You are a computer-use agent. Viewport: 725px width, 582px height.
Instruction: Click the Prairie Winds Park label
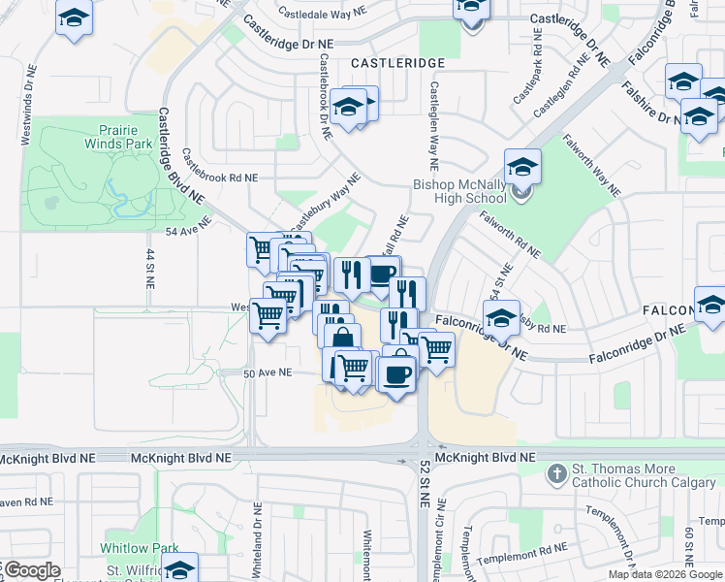[x=125, y=137]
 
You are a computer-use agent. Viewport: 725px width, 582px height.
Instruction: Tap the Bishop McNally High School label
[x=459, y=190]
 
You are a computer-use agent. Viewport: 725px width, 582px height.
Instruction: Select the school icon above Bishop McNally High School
[x=522, y=168]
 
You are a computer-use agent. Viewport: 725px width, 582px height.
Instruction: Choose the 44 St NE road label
[x=150, y=267]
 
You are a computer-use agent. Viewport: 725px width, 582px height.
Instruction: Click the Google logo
[x=31, y=570]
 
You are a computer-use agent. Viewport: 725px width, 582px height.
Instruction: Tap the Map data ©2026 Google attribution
[x=665, y=574]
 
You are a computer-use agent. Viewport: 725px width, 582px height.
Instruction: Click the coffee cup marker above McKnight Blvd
[x=396, y=372]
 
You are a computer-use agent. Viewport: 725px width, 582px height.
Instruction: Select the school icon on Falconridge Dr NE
[x=502, y=317]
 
